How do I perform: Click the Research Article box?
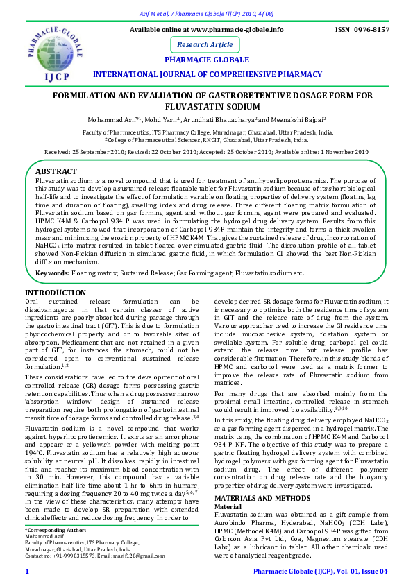(205, 44)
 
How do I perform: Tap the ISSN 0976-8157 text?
(362, 30)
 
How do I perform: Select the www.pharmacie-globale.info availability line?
(207, 30)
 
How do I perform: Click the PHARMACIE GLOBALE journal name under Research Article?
(207, 60)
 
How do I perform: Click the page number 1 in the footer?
(26, 571)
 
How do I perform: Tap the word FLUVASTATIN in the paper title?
(206, 106)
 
